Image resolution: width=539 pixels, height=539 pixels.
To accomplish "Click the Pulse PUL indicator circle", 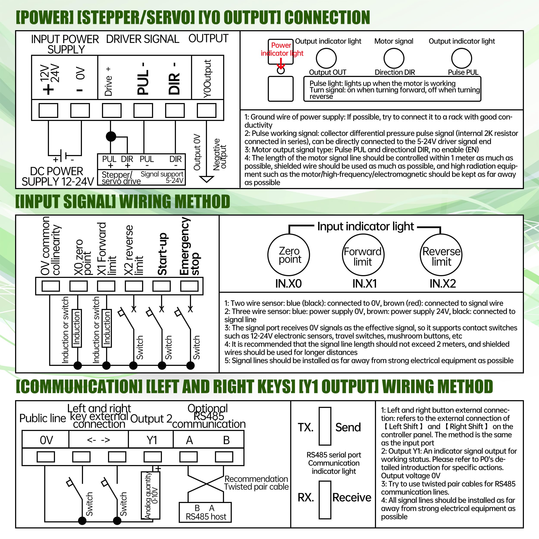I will (x=461, y=58).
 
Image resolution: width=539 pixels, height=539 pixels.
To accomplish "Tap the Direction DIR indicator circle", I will (x=394, y=58).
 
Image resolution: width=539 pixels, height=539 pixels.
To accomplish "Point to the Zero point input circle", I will (x=289, y=255).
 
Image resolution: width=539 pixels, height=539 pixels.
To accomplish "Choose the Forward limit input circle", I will (x=363, y=255).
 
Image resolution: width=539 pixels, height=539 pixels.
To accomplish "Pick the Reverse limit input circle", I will (x=441, y=255).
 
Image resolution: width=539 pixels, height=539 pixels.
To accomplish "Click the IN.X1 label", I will (x=364, y=284).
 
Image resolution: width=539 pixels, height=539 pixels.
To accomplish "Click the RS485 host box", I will (x=205, y=512).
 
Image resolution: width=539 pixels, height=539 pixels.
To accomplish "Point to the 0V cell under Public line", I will (x=46, y=440).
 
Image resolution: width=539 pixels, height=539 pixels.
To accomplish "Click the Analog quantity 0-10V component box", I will (x=151, y=495).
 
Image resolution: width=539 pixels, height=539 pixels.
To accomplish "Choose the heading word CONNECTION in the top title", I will (x=327, y=17).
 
